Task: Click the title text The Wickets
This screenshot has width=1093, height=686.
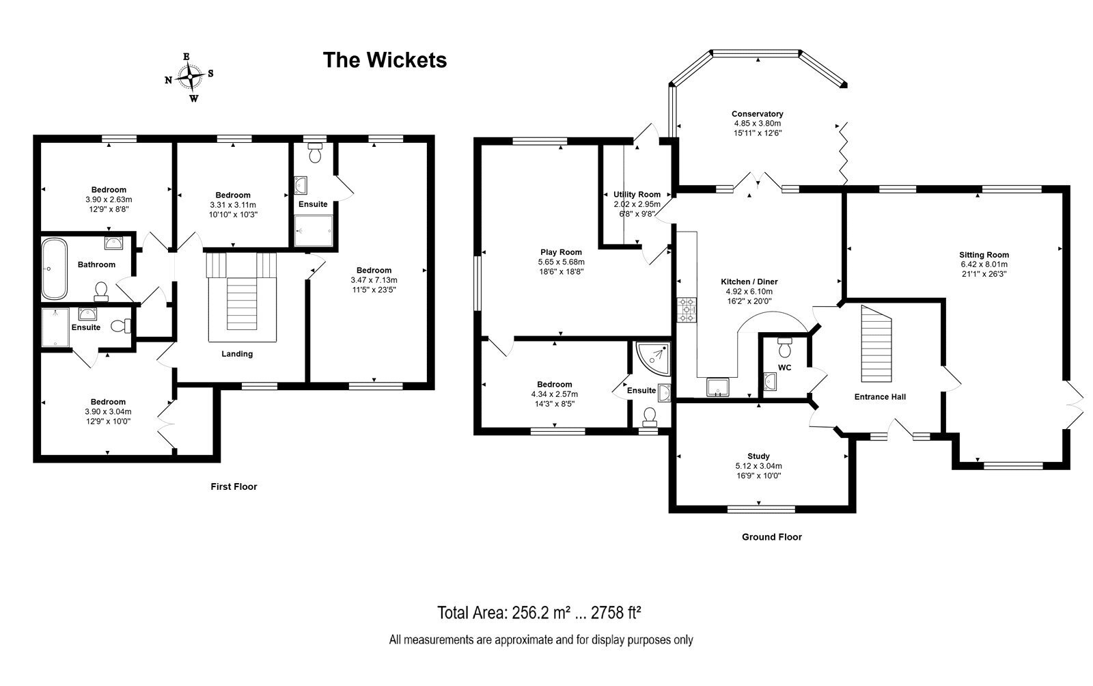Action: coord(385,60)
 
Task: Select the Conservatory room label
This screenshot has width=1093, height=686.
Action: coord(758,113)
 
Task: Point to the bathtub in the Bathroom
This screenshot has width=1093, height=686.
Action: coord(54,269)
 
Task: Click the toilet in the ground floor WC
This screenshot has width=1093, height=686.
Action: coord(785,347)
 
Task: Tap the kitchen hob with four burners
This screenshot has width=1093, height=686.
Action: coord(687,310)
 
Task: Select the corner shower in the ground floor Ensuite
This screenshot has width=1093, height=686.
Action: coord(653,358)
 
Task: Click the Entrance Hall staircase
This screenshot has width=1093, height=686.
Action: coord(876,344)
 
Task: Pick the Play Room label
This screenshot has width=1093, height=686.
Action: coord(561,252)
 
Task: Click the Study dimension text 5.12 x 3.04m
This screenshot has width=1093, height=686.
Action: coord(758,466)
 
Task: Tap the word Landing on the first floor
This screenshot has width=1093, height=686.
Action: coord(237,354)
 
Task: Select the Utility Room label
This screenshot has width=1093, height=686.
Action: coord(637,194)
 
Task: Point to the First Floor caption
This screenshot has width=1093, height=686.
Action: coord(234,486)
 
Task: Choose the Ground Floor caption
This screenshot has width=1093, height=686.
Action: coord(771,536)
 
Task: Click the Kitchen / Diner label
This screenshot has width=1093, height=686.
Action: coord(749,282)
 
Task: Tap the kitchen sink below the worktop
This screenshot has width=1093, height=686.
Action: coord(718,387)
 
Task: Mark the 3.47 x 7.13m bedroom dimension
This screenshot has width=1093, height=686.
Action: coord(374,280)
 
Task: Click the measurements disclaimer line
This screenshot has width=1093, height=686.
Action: coord(540,640)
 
